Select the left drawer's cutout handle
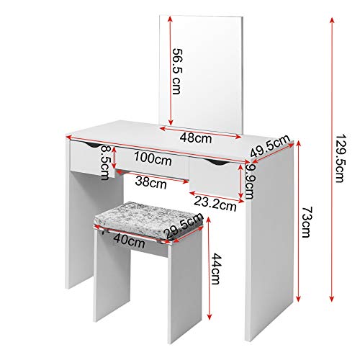[x=90, y=145]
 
